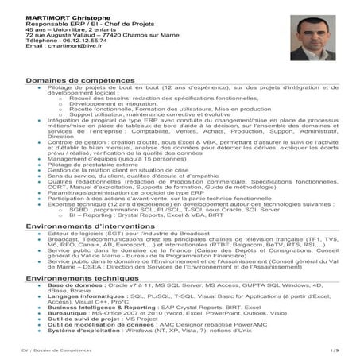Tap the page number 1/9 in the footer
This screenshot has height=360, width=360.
[334, 349]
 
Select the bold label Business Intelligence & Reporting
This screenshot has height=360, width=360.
[102, 305]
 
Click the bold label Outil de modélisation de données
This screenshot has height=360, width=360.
[95, 322]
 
